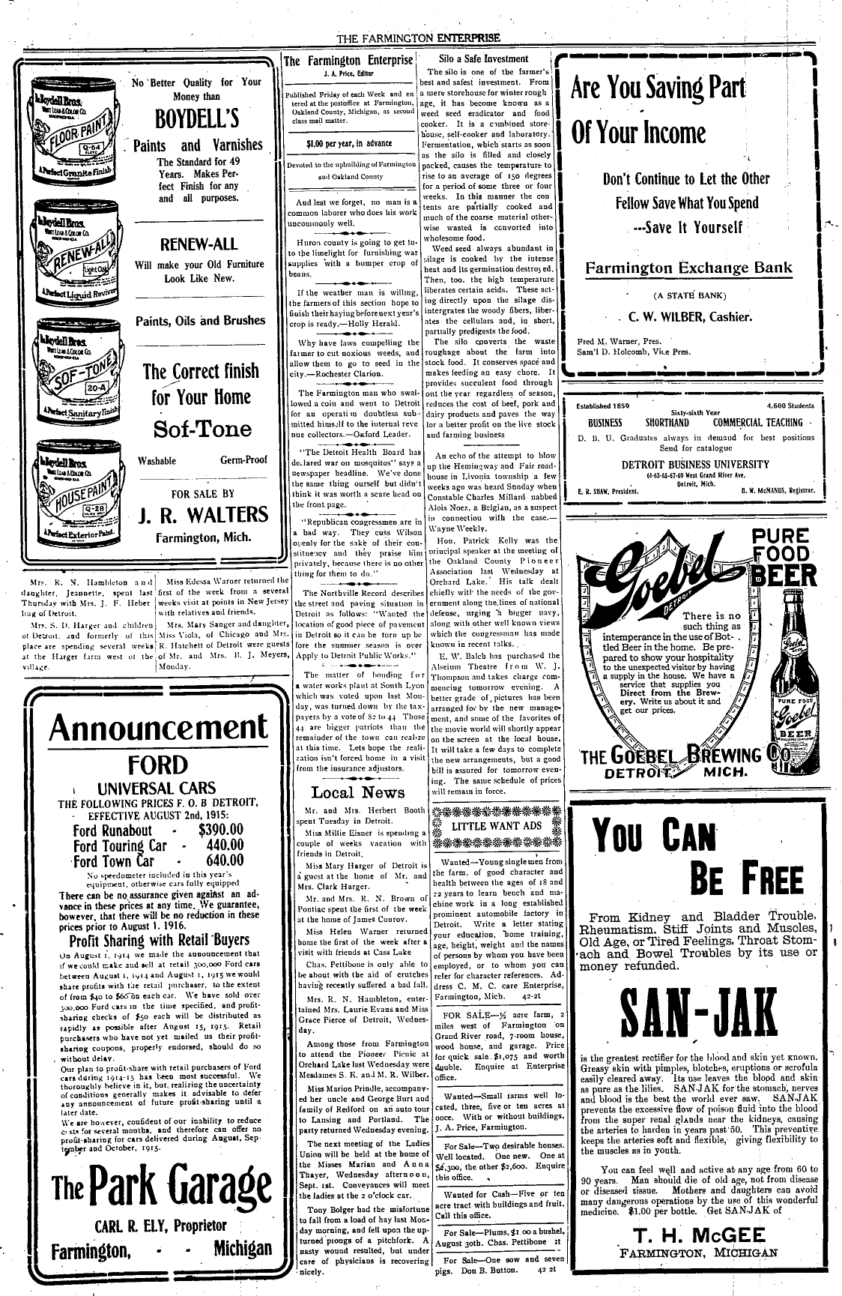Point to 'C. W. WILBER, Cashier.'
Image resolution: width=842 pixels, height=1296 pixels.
pos(689,316)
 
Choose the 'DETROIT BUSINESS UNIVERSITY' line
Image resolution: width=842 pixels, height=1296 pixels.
pos(695,465)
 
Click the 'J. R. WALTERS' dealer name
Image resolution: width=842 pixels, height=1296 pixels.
pos(203,514)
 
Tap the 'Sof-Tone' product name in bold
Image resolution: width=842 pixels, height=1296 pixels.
pos(202,429)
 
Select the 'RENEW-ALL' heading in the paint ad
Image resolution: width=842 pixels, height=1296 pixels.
pos(199,244)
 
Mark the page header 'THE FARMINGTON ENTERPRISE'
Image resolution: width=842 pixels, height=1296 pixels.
pos(418,39)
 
